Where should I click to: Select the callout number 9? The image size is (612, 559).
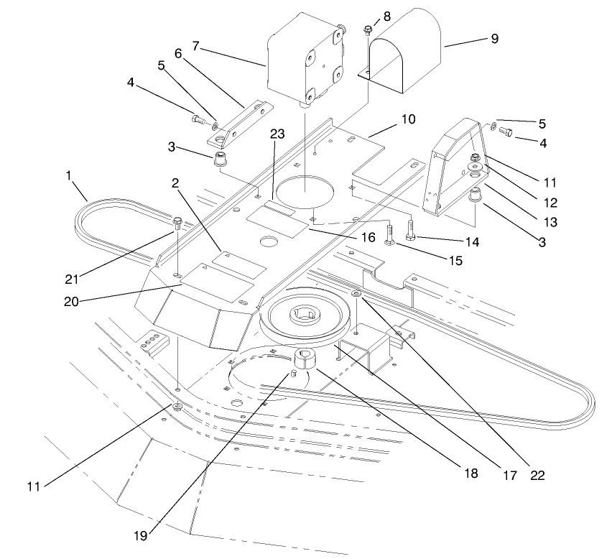pos(493,39)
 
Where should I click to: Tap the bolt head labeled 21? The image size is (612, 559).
pos(177,220)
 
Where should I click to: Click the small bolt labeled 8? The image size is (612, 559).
pos(368,30)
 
